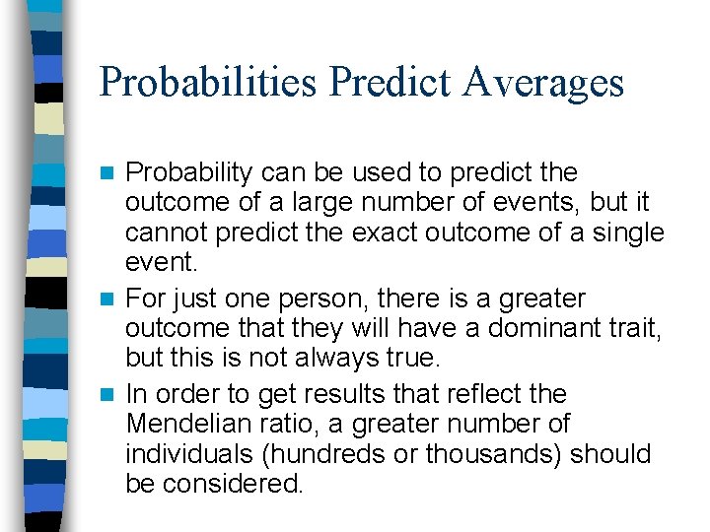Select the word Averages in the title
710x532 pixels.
tap(543, 82)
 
